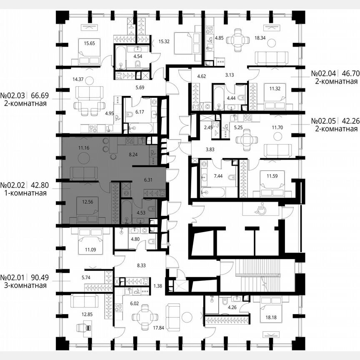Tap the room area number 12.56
click(x=87, y=202)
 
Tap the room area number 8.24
click(x=133, y=155)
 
